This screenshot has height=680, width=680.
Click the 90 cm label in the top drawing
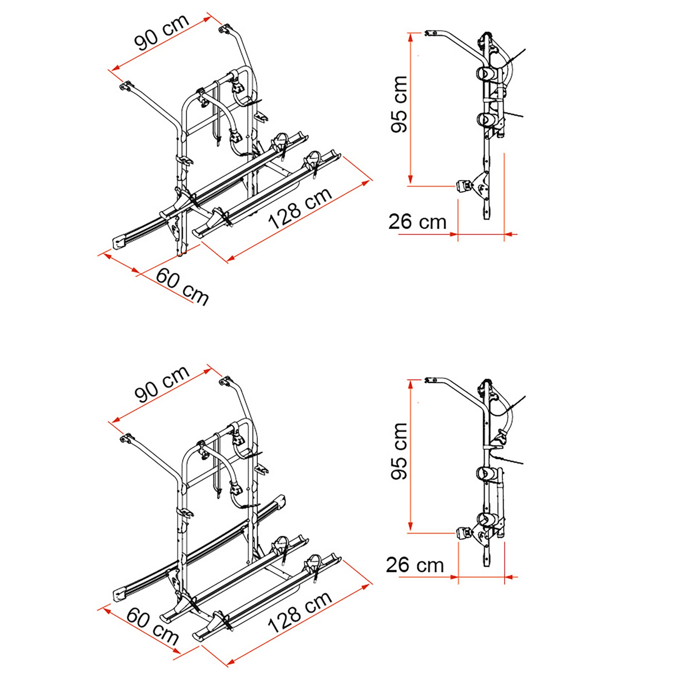(162, 32)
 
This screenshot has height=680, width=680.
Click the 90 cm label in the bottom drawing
(162, 384)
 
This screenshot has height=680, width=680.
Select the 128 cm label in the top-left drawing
(300, 208)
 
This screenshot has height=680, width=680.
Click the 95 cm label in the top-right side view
(399, 104)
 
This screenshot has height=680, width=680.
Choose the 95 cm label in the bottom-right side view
(399, 451)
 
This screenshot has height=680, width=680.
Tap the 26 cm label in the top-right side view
(418, 222)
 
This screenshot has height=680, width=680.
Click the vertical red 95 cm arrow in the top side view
(410, 109)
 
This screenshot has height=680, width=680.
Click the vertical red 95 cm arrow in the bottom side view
(410, 456)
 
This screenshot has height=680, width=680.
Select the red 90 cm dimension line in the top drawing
(162, 44)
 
